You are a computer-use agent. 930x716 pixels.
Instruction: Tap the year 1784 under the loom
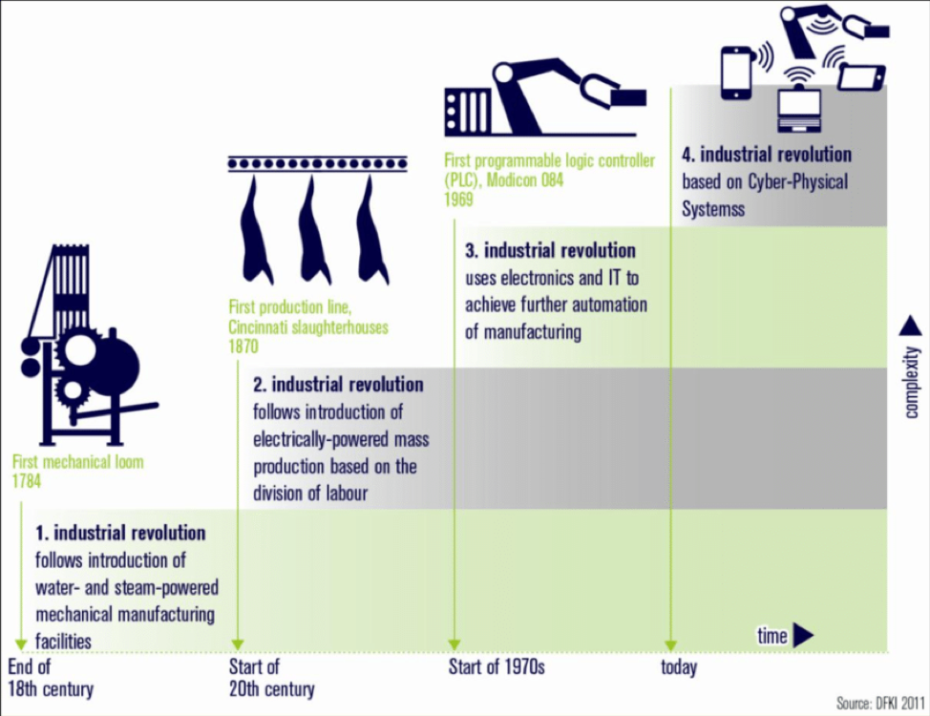(x=27, y=481)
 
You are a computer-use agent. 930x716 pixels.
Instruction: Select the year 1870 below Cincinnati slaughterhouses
(x=243, y=347)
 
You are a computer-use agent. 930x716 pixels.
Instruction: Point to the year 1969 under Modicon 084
(x=459, y=200)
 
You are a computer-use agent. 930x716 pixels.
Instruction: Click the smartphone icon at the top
(x=736, y=74)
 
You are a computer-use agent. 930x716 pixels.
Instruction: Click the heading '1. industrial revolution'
(x=120, y=533)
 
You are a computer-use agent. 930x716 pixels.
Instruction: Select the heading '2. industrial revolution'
(x=338, y=385)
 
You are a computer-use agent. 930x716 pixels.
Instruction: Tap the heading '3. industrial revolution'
(x=550, y=250)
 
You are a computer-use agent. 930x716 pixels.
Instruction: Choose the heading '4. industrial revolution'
(x=767, y=155)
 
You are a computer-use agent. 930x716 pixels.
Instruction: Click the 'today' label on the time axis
(x=679, y=667)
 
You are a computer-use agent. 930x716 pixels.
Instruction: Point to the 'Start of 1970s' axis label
(x=497, y=666)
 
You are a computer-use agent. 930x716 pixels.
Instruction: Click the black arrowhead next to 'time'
(x=803, y=635)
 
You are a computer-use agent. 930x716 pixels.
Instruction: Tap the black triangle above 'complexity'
(x=911, y=326)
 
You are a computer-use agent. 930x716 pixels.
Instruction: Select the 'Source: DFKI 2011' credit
(x=880, y=703)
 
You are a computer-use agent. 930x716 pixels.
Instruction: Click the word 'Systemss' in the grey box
(x=713, y=209)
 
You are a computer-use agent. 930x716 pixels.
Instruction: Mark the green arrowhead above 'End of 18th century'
(x=21, y=644)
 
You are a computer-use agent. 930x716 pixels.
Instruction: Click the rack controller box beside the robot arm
(x=468, y=112)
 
